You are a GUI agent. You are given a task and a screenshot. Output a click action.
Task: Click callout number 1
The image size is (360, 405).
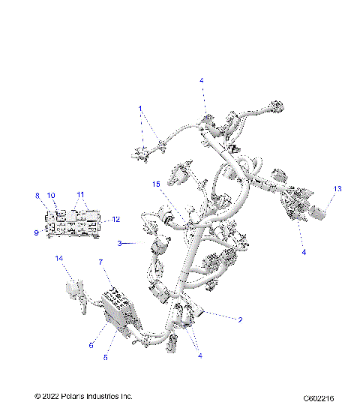(139, 108)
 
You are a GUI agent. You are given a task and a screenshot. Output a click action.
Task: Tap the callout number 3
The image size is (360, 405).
(118, 243)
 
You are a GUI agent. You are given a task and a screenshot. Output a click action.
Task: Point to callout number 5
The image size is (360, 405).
(106, 358)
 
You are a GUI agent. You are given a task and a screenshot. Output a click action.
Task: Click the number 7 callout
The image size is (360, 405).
(101, 262)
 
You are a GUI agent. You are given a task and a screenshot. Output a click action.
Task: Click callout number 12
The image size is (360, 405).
(115, 220)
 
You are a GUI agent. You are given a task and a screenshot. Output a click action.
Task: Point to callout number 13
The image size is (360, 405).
(337, 189)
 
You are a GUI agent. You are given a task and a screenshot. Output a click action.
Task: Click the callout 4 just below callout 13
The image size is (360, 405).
(304, 253)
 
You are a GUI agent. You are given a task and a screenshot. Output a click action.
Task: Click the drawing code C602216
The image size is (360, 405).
(319, 396)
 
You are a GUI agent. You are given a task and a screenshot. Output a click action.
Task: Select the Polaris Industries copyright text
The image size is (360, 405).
(83, 395)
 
